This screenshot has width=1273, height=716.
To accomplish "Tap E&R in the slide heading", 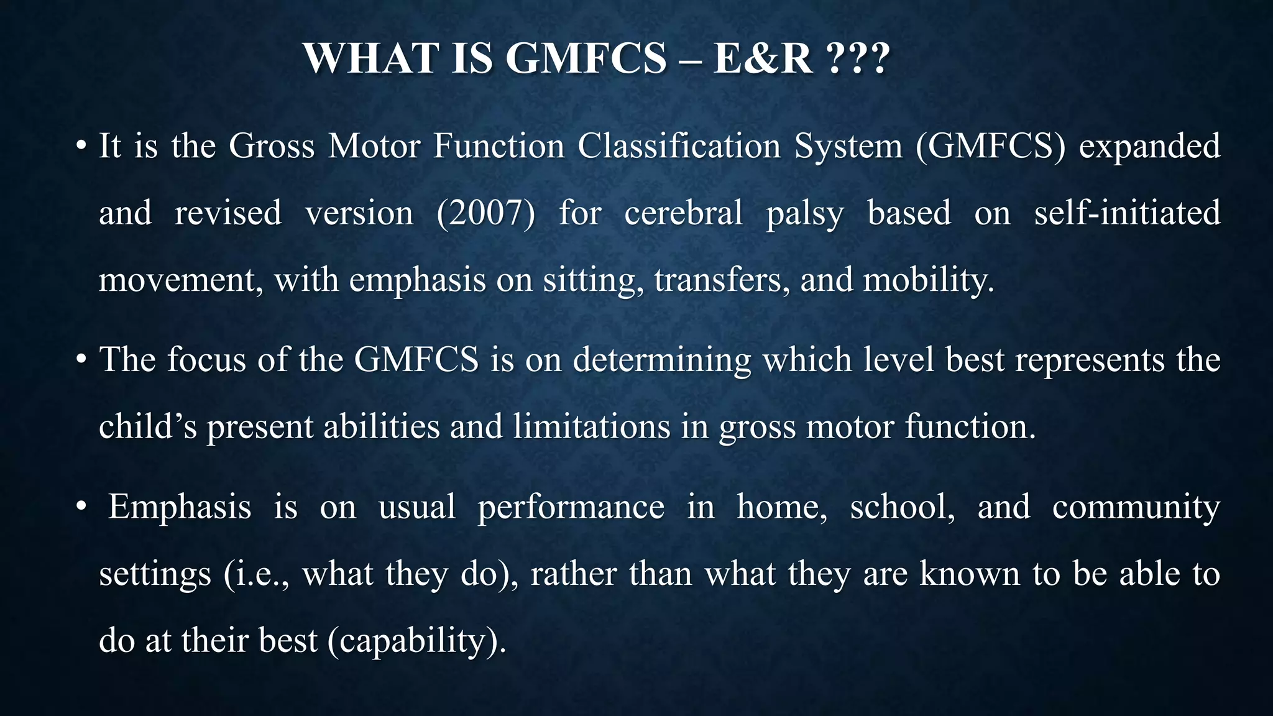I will [763, 58].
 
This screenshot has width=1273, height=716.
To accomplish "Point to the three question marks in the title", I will [859, 58].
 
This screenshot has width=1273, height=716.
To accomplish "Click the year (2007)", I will [485, 213].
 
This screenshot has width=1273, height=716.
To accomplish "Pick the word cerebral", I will [683, 213].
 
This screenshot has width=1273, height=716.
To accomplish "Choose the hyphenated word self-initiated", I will [1127, 213].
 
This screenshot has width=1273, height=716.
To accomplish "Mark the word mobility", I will [929, 280].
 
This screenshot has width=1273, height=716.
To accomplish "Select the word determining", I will [661, 360].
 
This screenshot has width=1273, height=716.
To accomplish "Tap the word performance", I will [571, 507].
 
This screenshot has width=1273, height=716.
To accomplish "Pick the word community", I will [1136, 507].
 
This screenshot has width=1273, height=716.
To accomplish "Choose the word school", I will [902, 507].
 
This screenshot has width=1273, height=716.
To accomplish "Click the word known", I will [969, 574].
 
